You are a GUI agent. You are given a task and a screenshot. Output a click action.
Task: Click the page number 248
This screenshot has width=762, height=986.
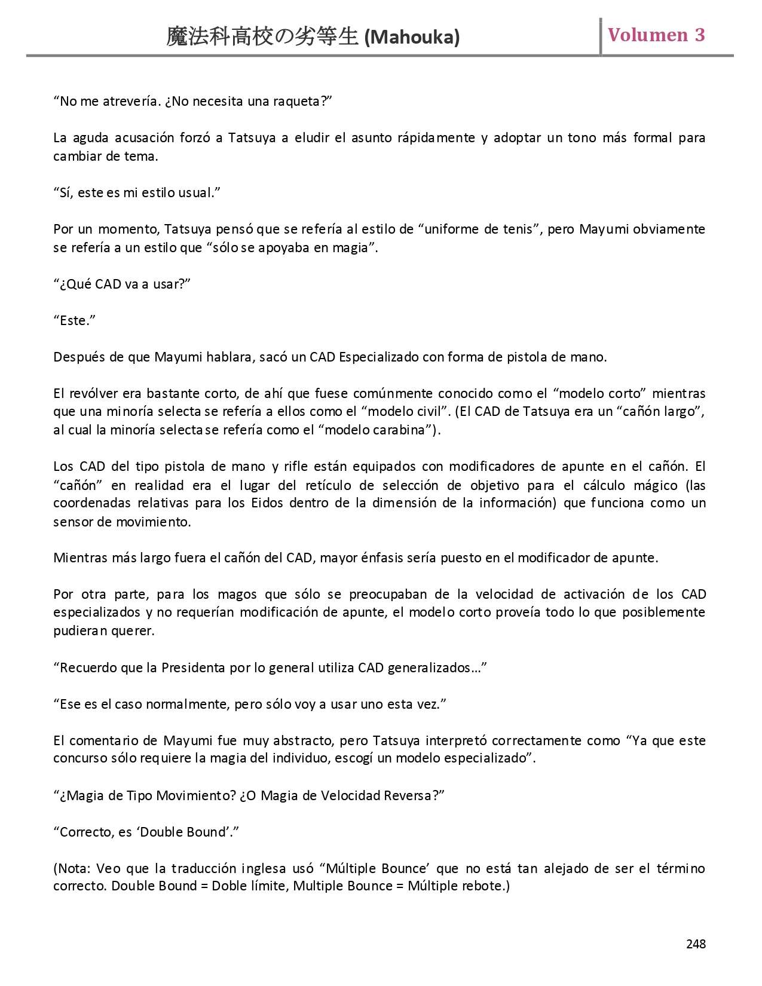(x=696, y=944)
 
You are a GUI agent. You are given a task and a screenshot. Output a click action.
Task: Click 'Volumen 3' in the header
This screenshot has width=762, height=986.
(x=656, y=35)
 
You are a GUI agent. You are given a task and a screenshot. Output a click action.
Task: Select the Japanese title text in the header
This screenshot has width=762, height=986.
(x=263, y=38)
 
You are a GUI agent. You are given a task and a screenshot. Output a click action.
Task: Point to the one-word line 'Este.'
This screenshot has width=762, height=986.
(x=74, y=320)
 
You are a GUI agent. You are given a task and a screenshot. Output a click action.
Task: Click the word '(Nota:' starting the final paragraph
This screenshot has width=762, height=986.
(x=72, y=868)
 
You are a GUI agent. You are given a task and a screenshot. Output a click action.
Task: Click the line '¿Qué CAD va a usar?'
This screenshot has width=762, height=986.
(x=122, y=284)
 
